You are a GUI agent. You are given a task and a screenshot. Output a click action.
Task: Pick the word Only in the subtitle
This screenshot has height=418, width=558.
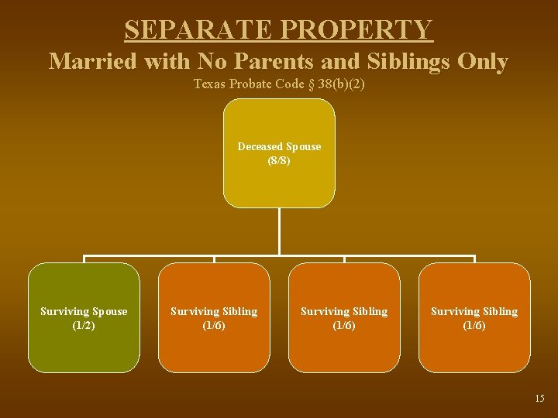(482, 62)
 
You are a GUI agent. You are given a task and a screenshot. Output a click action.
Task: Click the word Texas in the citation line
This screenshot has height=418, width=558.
(209, 84)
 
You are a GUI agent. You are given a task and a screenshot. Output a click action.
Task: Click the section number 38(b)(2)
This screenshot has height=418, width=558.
(339, 84)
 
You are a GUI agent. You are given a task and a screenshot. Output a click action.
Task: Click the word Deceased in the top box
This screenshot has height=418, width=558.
(260, 146)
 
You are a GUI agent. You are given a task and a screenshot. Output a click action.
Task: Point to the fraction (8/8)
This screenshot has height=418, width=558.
(279, 160)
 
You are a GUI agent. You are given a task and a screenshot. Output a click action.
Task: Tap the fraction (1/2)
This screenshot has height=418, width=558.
(84, 325)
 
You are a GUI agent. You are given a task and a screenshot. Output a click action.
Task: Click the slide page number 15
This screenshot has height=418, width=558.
(539, 399)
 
